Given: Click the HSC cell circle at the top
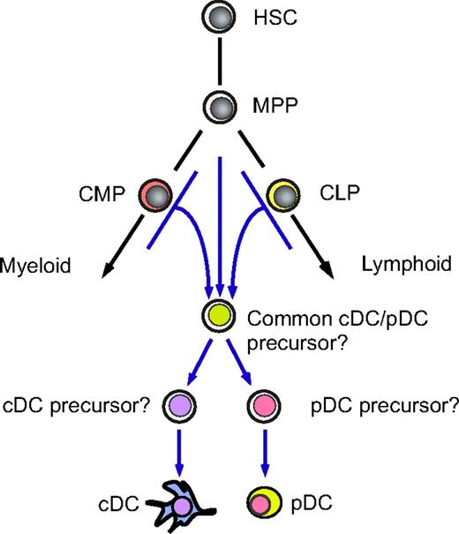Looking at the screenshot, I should click(216, 17).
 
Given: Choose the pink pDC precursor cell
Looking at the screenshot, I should click(262, 407).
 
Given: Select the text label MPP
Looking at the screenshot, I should click(275, 108).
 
